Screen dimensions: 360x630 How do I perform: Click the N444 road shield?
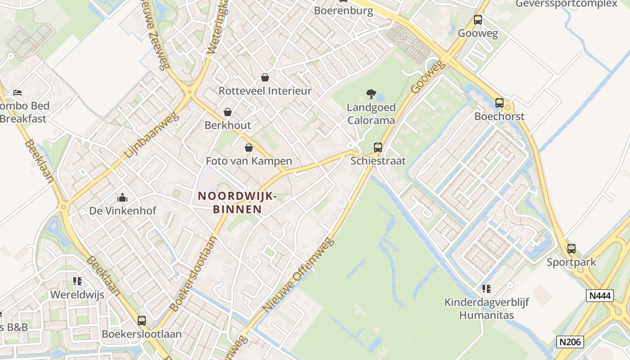pyautogui.click(x=600, y=296)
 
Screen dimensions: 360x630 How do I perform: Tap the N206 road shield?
pyautogui.click(x=570, y=342)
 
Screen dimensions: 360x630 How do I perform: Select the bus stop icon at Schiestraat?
pyautogui.click(x=378, y=147)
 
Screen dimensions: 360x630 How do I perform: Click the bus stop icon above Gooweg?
pyautogui.click(x=477, y=20)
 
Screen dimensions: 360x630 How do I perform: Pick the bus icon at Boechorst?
pyautogui.click(x=499, y=103)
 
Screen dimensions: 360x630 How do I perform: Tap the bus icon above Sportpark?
pyautogui.click(x=571, y=248)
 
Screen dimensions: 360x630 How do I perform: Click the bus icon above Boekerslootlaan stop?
pyautogui.click(x=142, y=321)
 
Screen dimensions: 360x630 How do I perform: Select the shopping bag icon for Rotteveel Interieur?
pyautogui.click(x=265, y=77)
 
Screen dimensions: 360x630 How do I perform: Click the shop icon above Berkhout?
pyautogui.click(x=228, y=112)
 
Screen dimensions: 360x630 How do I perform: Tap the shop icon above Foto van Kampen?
pyautogui.click(x=248, y=148)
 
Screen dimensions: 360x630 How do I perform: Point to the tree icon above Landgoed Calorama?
pyautogui.click(x=371, y=94)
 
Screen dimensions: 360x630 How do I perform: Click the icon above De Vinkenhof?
pyautogui.click(x=122, y=198)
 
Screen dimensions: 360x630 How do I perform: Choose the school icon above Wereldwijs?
pyautogui.click(x=77, y=282)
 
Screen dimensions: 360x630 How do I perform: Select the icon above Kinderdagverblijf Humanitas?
pyautogui.click(x=486, y=288)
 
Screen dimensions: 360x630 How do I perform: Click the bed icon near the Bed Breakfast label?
pyautogui.click(x=18, y=93)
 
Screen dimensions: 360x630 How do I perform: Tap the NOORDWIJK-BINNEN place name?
pyautogui.click(x=237, y=202)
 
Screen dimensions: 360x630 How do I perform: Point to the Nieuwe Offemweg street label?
pyautogui.click(x=299, y=275)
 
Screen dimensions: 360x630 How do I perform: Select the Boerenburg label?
pyautogui.click(x=343, y=11)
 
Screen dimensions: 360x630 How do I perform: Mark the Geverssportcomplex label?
pyautogui.click(x=566, y=4)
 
